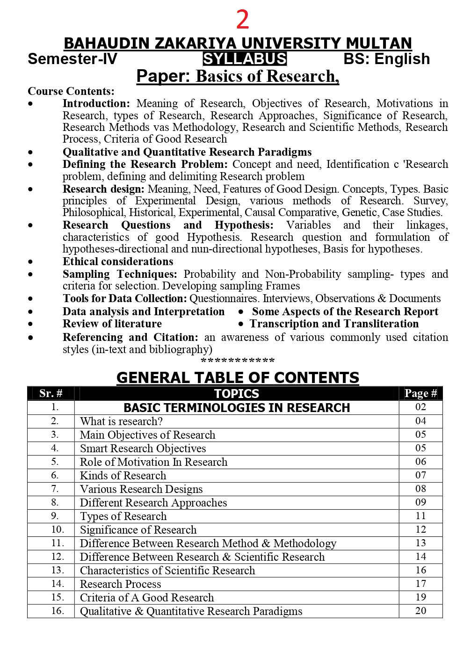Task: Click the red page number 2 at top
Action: [x=242, y=20]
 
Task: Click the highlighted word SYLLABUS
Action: [x=245, y=59]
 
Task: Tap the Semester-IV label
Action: [x=72, y=59]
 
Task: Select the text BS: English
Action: [x=386, y=59]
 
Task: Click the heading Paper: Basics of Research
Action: [x=238, y=76]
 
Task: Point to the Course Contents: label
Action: [x=71, y=91]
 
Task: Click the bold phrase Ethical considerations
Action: [x=118, y=261]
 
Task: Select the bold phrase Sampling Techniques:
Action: [x=120, y=274]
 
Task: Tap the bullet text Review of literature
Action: [x=112, y=324]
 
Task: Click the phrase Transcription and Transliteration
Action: [x=334, y=324]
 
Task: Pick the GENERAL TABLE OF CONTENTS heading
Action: [x=238, y=377]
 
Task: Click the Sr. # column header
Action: [x=51, y=393]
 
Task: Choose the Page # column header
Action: [x=420, y=393]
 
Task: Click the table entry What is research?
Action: [x=121, y=421]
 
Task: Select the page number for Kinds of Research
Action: [x=420, y=475]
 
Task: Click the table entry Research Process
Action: [x=120, y=584]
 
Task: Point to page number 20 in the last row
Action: [x=420, y=611]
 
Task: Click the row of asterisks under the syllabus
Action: [x=238, y=361]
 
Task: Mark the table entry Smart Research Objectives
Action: [x=143, y=448]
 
